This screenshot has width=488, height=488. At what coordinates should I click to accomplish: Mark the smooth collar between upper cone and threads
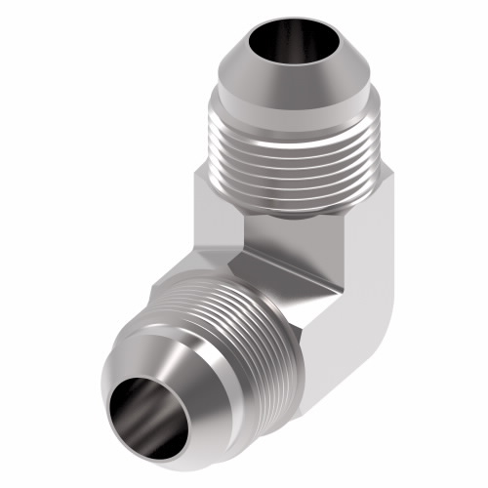point(293,104)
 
